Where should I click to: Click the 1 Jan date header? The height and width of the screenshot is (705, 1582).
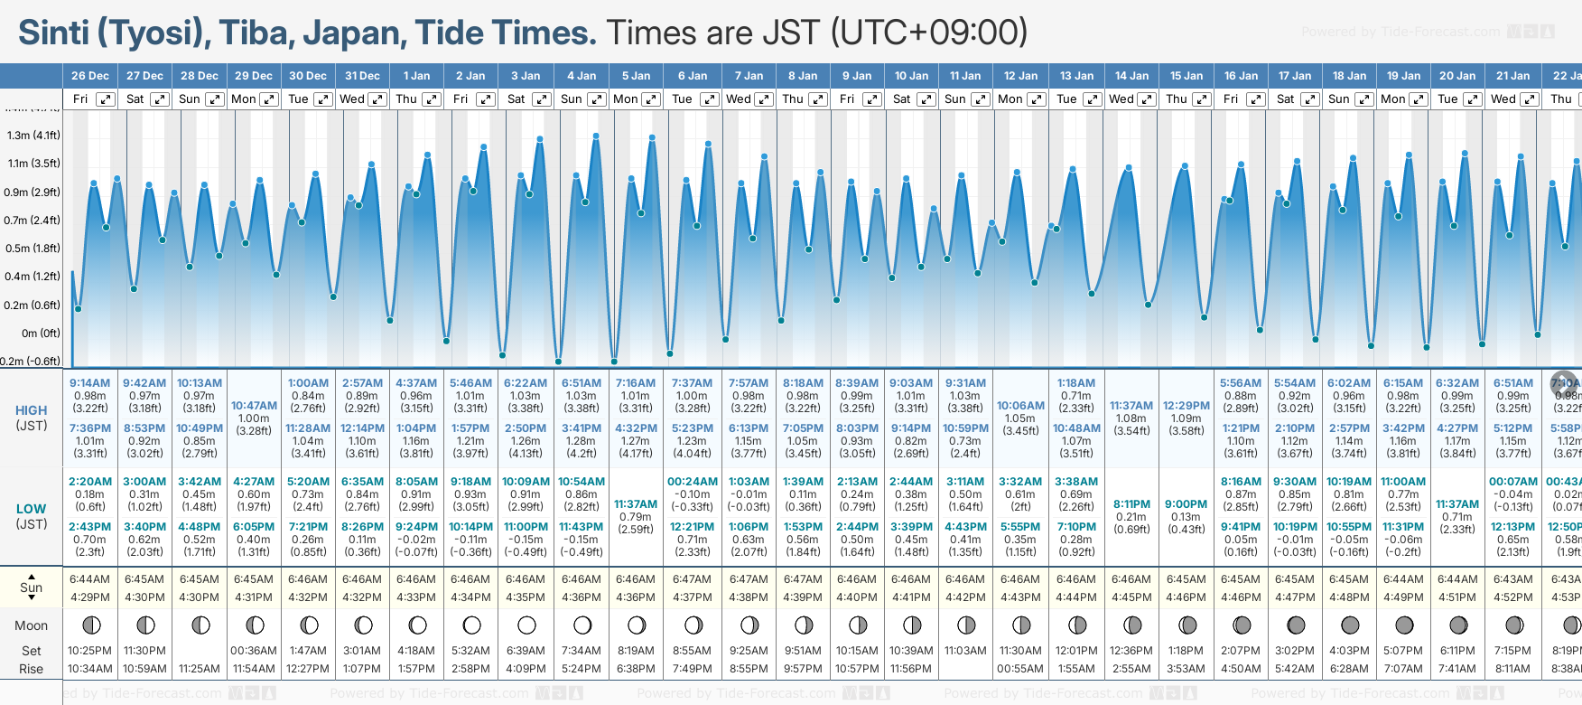pos(416,76)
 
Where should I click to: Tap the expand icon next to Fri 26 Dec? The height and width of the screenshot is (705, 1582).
pos(106,99)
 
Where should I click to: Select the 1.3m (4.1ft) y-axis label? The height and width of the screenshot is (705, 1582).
pos(33,136)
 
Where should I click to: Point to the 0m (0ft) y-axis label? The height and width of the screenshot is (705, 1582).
pos(41,334)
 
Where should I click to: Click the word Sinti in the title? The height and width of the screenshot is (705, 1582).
pos(53,33)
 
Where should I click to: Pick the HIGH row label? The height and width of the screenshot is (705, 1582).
pos(32,410)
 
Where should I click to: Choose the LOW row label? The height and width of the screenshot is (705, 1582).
pos(32,509)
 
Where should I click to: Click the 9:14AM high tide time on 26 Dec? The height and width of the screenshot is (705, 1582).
pos(90,383)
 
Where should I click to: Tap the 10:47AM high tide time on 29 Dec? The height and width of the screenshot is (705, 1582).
pos(254,406)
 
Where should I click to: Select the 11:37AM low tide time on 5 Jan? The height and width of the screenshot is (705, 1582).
pos(636,504)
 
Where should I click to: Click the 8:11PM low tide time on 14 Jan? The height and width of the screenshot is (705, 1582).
pos(1131,504)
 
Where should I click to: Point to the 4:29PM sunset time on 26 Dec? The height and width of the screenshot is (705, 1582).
pos(90,597)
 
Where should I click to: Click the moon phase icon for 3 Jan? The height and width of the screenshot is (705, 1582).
pos(526,625)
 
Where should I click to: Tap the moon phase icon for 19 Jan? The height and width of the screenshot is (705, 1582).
pos(1404,625)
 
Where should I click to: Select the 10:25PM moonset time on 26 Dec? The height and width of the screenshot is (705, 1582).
pos(90,651)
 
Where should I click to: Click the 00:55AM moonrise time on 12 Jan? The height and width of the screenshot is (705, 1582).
pos(1020,669)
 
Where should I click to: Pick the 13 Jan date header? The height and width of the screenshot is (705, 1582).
pos(1076,76)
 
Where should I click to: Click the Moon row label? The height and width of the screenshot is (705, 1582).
pos(32,625)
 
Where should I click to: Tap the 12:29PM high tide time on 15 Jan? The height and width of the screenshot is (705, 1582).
pos(1186,406)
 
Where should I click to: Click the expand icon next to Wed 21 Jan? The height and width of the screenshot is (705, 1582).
pos(1529,99)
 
